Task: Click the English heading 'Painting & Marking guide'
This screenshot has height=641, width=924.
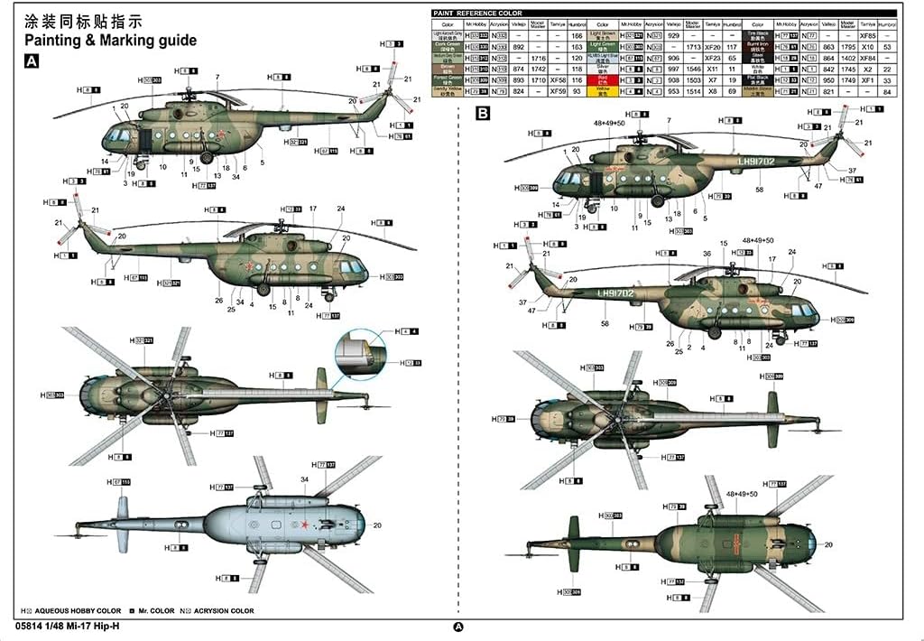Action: point(110,40)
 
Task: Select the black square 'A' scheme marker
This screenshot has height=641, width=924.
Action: point(32,60)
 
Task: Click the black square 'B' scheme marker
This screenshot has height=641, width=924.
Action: point(483,113)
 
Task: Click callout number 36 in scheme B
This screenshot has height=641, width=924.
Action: point(707,254)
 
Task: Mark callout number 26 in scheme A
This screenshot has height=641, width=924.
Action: point(218,300)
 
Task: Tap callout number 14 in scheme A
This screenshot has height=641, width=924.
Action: point(105,162)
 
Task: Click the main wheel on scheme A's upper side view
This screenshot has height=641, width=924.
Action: point(207,158)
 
